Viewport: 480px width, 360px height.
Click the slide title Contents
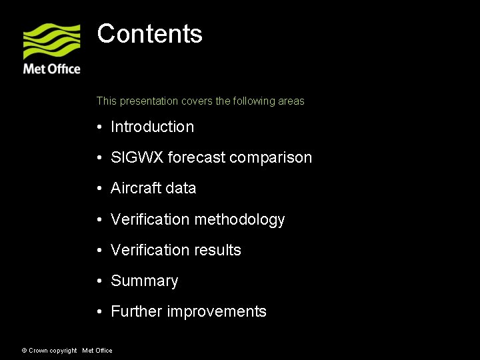[x=149, y=34]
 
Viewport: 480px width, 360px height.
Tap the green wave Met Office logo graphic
[x=51, y=41]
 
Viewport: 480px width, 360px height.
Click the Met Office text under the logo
[x=51, y=69]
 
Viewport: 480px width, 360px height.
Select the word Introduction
[x=152, y=127]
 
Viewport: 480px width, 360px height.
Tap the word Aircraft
[x=136, y=188]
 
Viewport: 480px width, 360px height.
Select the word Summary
[x=144, y=281]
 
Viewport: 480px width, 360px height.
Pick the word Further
[x=136, y=311]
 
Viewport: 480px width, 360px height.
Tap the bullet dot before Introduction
[x=99, y=127]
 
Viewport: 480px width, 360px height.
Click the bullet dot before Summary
[x=99, y=281]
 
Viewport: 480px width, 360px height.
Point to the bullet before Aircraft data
[x=99, y=189]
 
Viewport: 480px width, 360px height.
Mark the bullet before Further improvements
[x=99, y=311]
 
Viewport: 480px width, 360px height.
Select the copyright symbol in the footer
[x=24, y=351]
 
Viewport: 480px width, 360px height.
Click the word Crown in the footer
[x=37, y=351]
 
